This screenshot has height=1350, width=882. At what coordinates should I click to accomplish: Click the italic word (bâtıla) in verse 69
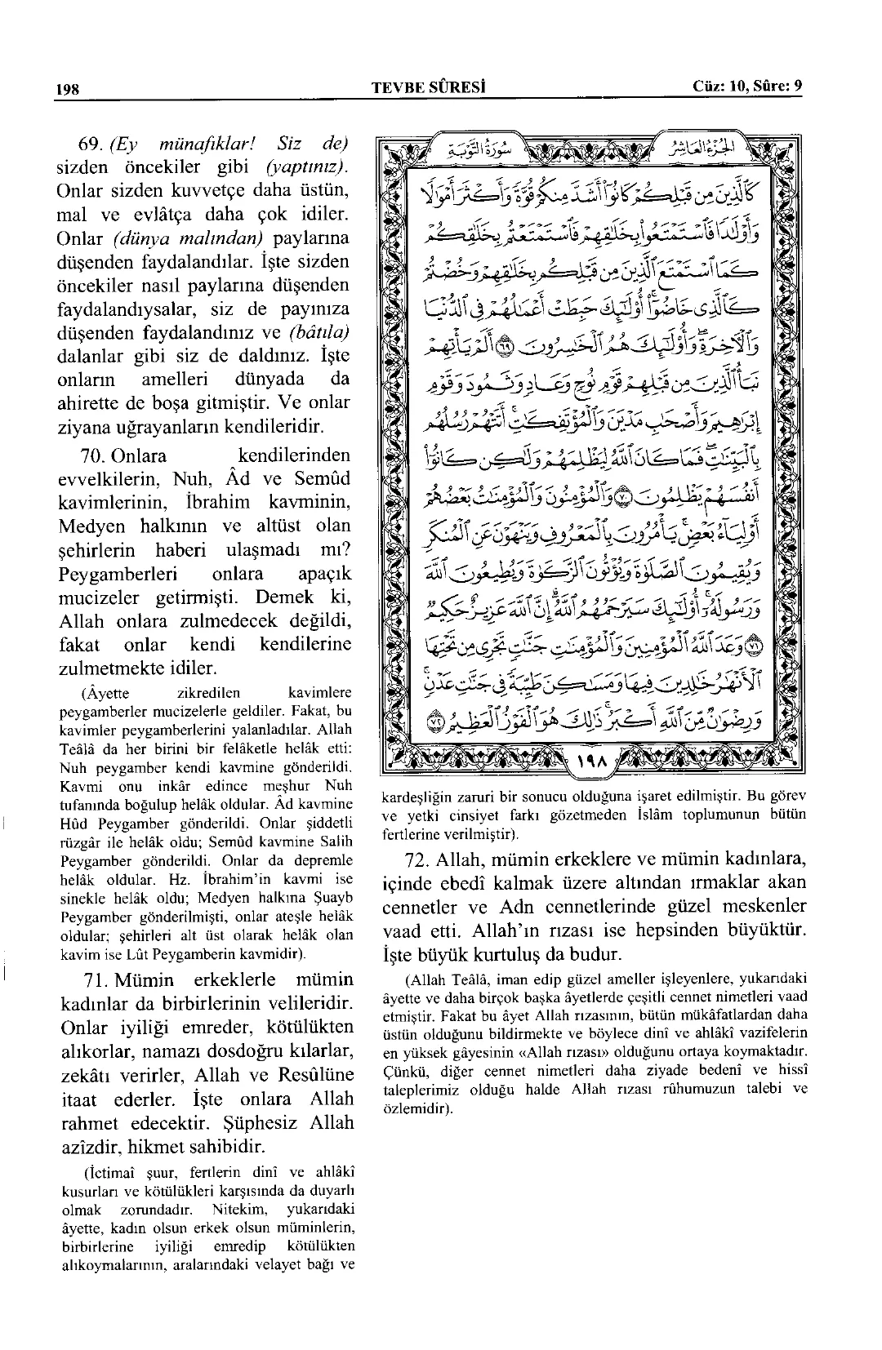click(319, 333)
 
